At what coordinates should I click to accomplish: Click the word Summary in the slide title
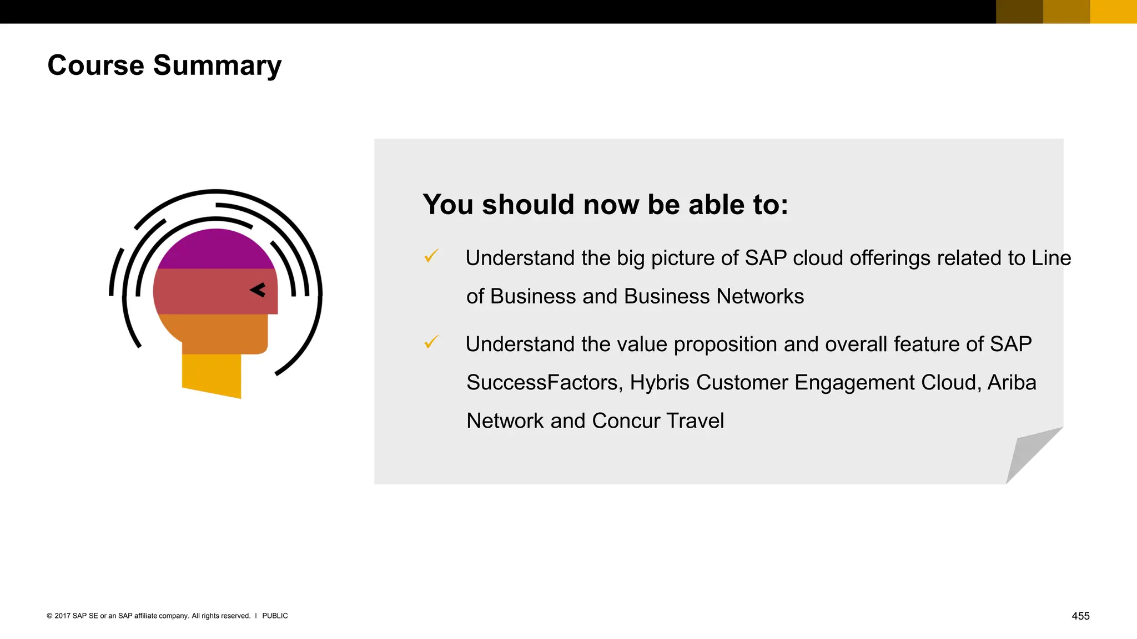click(x=217, y=65)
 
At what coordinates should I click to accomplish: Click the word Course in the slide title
click(x=95, y=65)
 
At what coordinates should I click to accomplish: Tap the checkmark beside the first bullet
click(x=431, y=256)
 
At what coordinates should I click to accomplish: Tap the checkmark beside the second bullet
click(x=431, y=342)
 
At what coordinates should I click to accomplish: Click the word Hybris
click(x=660, y=383)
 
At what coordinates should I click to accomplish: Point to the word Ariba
click(x=1012, y=383)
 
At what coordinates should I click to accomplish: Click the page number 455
click(x=1080, y=616)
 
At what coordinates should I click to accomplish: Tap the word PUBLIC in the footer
click(x=275, y=616)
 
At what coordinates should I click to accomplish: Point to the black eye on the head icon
click(x=258, y=290)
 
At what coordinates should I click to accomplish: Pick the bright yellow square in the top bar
click(x=1113, y=12)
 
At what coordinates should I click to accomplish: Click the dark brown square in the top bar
click(x=1019, y=12)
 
